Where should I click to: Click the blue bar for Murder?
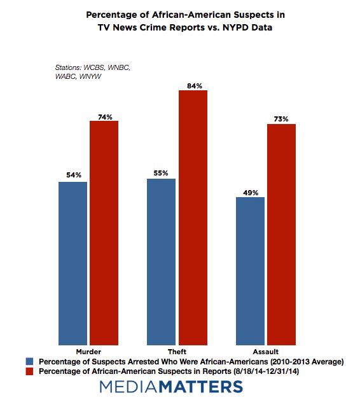(x=73, y=263)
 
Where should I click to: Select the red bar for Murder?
(x=104, y=233)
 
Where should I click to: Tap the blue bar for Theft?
(x=162, y=262)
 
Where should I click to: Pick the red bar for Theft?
(x=193, y=218)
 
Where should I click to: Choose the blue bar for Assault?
(x=250, y=271)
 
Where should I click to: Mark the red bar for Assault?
(x=281, y=235)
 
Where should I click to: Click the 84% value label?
(x=195, y=86)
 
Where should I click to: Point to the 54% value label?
(x=74, y=175)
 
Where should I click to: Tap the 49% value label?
(x=251, y=193)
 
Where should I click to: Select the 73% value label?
(x=281, y=119)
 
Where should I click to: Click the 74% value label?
(x=105, y=117)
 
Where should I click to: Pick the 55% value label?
(x=161, y=173)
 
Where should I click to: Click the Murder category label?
(x=88, y=352)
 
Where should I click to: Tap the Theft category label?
(x=177, y=352)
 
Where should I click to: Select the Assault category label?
(x=266, y=352)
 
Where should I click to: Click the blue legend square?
(x=30, y=361)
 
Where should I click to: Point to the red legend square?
(x=30, y=371)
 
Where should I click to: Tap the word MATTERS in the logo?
(x=201, y=387)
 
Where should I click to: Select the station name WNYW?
(x=90, y=76)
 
